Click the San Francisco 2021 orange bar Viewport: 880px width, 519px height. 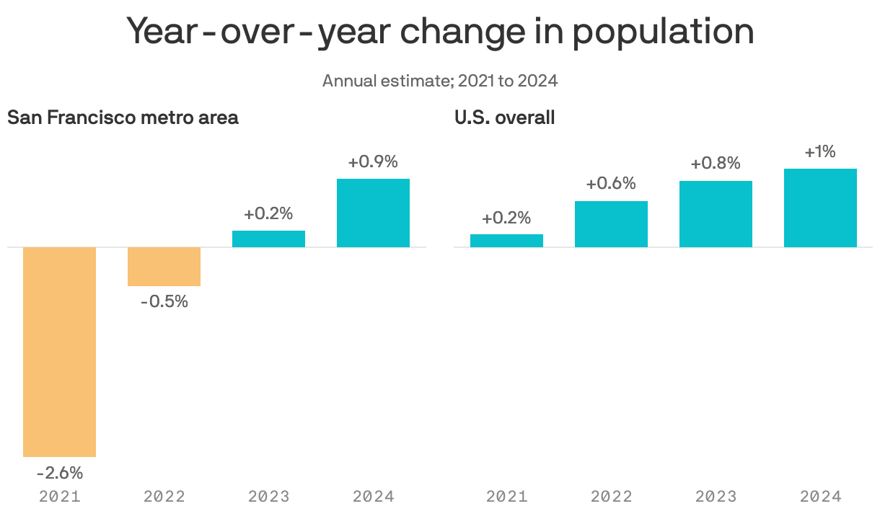[59, 352]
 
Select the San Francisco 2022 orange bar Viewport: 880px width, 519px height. [164, 267]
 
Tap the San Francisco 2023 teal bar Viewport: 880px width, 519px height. [268, 239]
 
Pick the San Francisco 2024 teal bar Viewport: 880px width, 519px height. [373, 213]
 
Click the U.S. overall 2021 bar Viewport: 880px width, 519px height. [506, 241]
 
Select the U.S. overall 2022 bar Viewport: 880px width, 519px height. [611, 224]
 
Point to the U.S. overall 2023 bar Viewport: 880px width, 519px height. [716, 214]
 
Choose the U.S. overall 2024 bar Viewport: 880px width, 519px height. [820, 208]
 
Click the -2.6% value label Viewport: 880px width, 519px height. [59, 474]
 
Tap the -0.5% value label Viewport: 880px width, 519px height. [164, 302]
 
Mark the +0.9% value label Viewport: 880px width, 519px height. [373, 162]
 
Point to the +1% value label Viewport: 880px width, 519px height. [820, 152]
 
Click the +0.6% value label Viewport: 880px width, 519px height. [611, 184]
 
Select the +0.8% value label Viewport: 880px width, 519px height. [716, 164]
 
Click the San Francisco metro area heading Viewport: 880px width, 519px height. [123, 117]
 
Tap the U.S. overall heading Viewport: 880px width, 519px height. [504, 117]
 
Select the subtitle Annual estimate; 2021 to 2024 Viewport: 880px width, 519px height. [440, 81]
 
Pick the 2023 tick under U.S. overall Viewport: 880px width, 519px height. [716, 497]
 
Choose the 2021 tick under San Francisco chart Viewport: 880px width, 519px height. [59, 497]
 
